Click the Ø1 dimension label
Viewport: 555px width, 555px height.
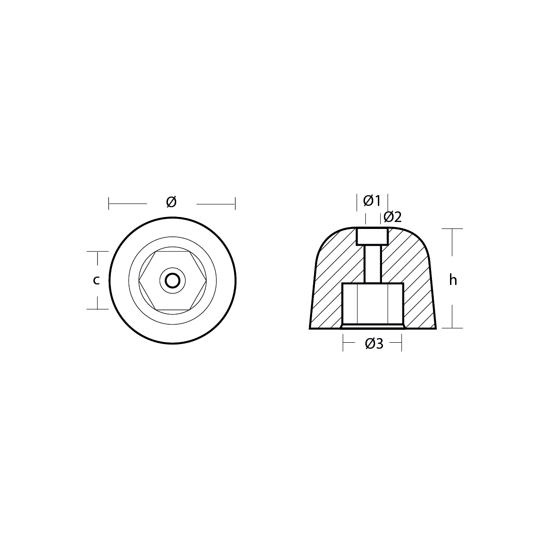(x=372, y=201)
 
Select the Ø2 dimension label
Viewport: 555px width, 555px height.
(x=393, y=217)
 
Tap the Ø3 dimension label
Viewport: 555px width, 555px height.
(x=374, y=344)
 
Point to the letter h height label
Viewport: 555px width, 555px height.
(x=453, y=280)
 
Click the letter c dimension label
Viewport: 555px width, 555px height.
(x=96, y=280)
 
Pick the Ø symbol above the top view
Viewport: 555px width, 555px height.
(x=172, y=202)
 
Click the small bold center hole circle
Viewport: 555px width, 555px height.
(x=173, y=281)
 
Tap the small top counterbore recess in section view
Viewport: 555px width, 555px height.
(x=372, y=236)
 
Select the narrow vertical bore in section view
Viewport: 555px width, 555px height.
(x=373, y=264)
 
